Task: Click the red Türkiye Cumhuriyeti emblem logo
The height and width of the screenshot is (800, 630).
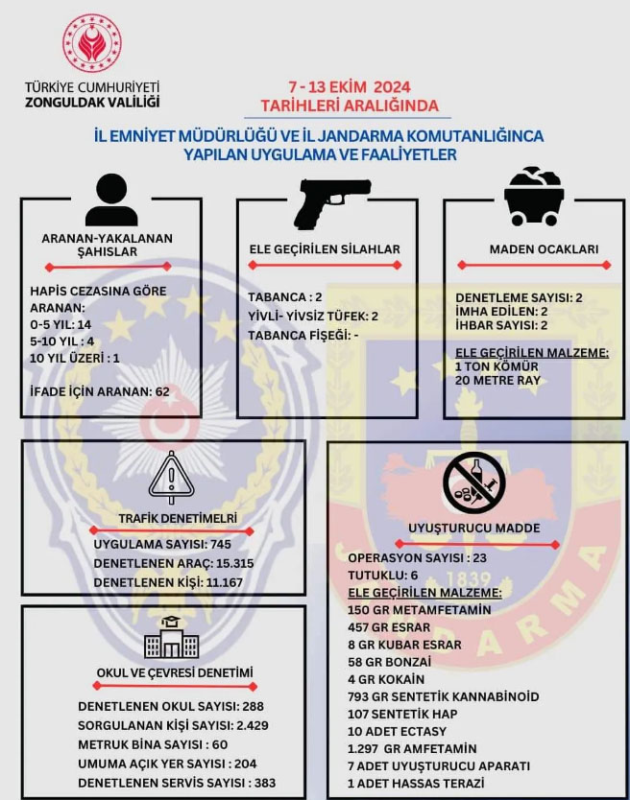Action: (92, 42)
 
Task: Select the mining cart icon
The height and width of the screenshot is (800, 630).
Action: (534, 197)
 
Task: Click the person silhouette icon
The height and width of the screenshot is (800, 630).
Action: (111, 200)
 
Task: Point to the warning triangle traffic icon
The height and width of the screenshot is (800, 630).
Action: (171, 478)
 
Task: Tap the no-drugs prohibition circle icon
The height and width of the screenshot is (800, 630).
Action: (474, 482)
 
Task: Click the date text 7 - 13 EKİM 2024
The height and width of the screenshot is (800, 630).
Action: (350, 87)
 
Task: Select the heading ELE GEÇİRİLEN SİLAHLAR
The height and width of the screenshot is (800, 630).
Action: (325, 249)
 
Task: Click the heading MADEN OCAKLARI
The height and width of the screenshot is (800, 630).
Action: (544, 249)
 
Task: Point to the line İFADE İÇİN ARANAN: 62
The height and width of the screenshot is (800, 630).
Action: (100, 391)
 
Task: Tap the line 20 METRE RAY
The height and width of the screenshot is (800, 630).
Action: (497, 381)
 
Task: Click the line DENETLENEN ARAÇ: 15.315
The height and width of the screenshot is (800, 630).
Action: (174, 563)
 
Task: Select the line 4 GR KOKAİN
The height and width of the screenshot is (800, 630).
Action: (386, 679)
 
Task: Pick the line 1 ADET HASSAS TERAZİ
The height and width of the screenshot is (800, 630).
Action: (416, 783)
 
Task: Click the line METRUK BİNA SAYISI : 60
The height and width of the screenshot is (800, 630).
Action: (153, 744)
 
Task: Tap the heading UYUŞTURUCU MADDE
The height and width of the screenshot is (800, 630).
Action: (474, 529)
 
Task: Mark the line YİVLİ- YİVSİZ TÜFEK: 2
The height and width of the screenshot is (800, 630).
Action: (313, 317)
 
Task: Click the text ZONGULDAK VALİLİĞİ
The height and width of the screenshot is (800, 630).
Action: (92, 102)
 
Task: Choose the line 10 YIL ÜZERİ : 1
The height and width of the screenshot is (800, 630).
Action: (75, 358)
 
